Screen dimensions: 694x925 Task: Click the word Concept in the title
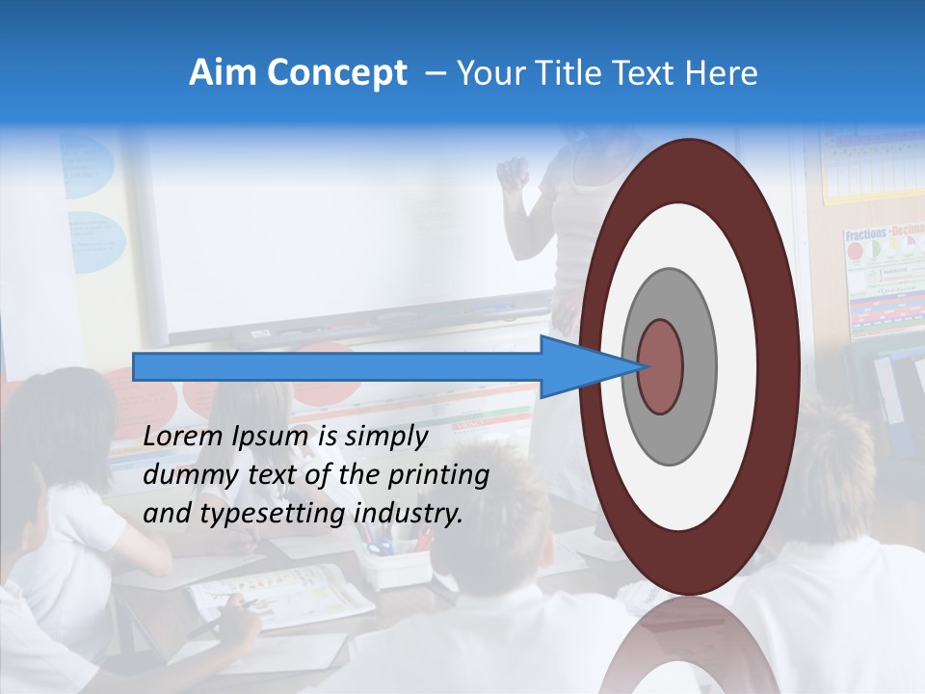point(338,73)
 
